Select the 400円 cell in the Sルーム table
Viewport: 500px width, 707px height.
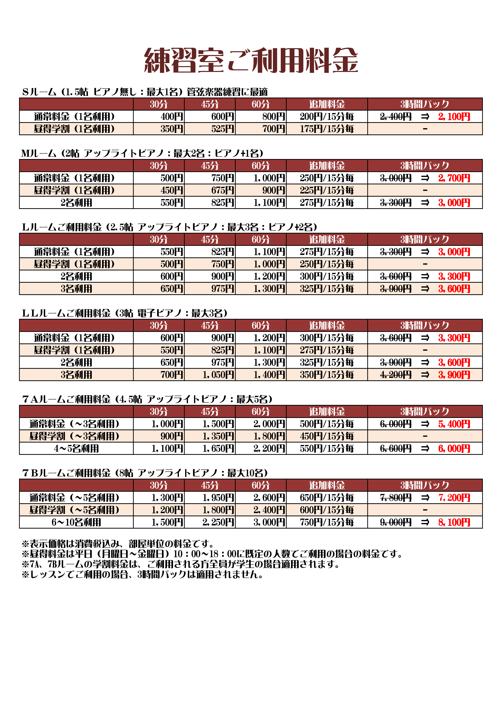point(172,117)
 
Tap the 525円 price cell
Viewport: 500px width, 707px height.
point(222,129)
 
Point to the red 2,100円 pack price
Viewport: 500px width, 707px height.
point(454,117)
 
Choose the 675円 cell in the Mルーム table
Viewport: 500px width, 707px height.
point(222,190)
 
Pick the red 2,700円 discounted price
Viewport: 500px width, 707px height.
point(454,178)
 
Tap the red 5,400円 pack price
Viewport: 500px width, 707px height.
point(454,424)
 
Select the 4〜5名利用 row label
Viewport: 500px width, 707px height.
point(76,448)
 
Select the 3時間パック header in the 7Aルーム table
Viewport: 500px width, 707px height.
point(425,412)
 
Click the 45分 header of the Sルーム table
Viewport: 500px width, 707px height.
point(210,104)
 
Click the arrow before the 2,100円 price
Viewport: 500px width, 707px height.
point(425,117)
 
